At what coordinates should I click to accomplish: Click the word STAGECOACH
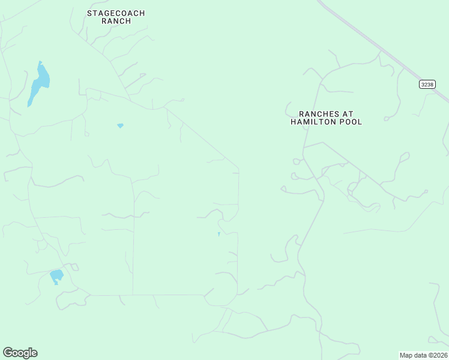pos(116,13)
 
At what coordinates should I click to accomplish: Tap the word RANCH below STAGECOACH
pos(116,21)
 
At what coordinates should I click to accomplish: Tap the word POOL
pos(352,122)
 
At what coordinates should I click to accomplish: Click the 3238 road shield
pos(427,85)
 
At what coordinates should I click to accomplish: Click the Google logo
pos(20,353)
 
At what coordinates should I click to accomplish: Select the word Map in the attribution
pos(406,355)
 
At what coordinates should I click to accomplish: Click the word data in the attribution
pos(420,355)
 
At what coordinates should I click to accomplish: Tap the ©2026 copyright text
pos(438,355)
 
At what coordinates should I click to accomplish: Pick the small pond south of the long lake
pos(120,125)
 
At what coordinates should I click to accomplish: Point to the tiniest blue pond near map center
pos(218,234)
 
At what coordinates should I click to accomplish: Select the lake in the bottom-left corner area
pos(56,276)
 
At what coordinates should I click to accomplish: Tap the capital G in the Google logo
pos(8,353)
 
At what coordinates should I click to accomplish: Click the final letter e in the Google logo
pos(34,353)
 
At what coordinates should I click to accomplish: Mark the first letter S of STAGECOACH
pos(89,13)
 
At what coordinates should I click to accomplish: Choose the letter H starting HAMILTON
pos(294,122)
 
